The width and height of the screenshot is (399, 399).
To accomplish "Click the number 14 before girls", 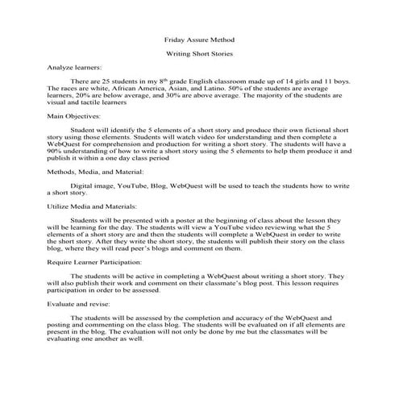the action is click(x=300, y=82).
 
